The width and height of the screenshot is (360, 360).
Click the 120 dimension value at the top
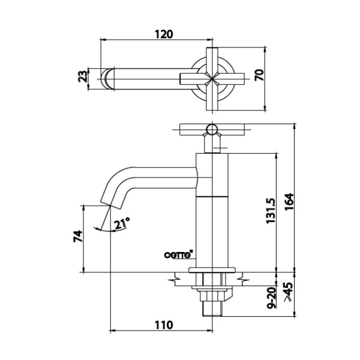pos(164,34)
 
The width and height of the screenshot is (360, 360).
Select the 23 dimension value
pos(83,76)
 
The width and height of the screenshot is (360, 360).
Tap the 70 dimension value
pos(259,75)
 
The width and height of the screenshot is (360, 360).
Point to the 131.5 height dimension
pos(271,211)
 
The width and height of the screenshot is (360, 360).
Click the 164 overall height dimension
pos(289,202)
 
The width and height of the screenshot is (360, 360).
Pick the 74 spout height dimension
pos(78,236)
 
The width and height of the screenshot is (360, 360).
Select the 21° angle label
pos(122,223)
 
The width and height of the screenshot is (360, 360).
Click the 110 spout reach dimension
pos(164,325)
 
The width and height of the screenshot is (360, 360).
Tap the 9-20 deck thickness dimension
pos(272,298)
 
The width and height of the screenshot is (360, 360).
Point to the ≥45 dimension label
pos(289,292)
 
